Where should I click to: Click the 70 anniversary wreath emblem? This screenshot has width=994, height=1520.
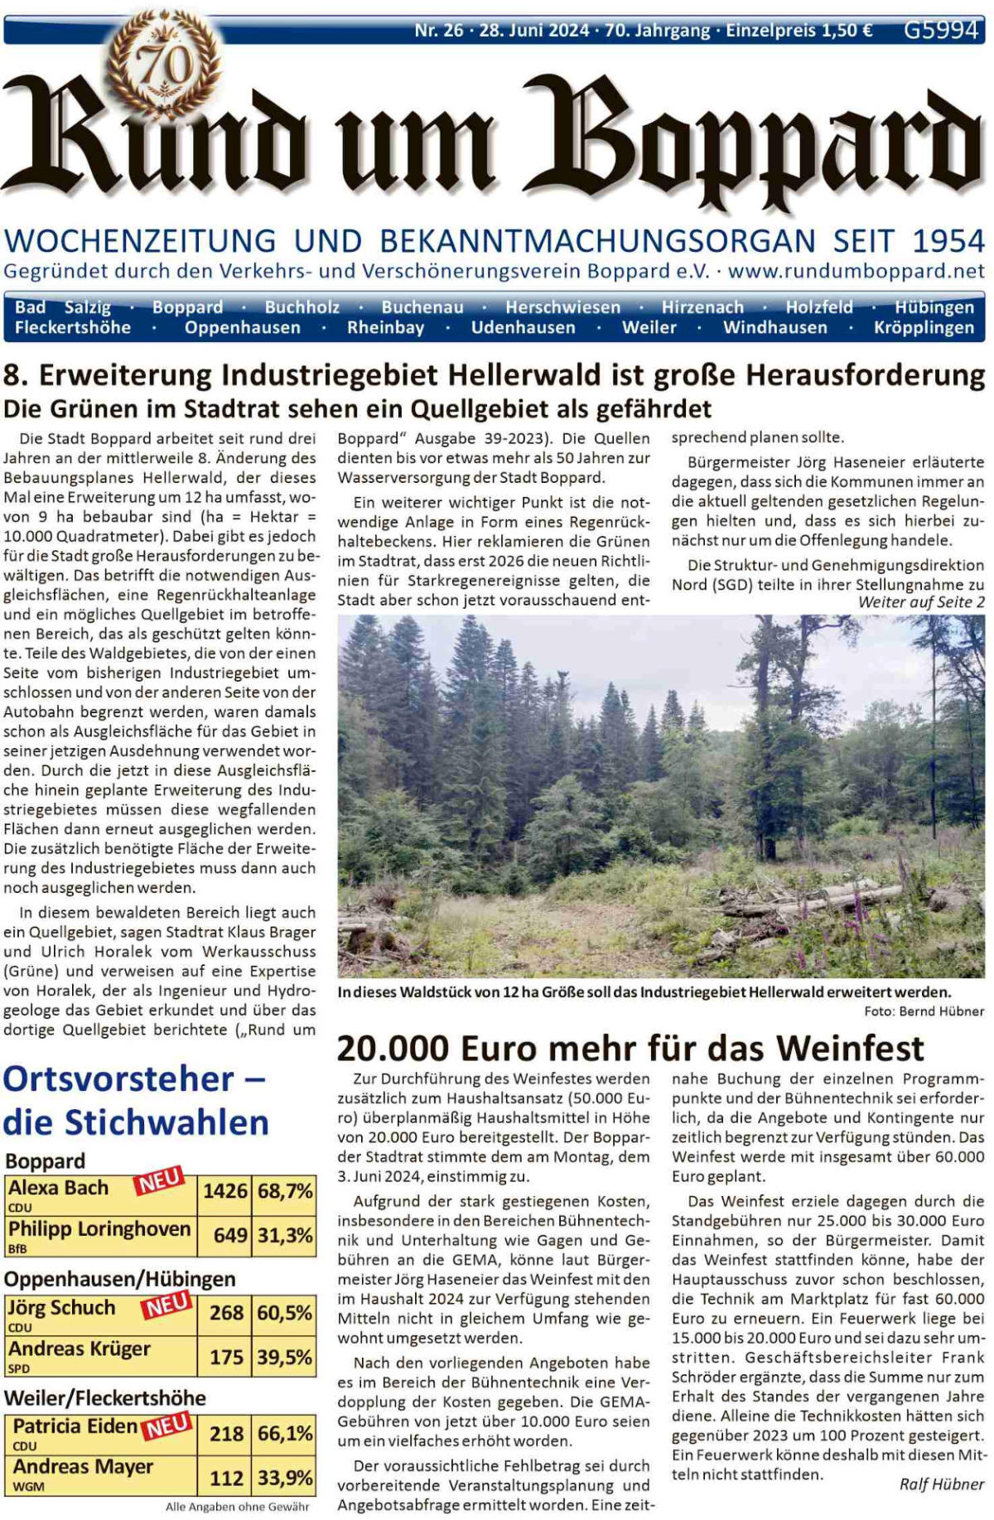coord(163,63)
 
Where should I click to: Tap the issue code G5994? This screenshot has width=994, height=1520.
coord(941,31)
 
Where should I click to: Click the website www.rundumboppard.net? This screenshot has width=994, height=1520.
coord(856,271)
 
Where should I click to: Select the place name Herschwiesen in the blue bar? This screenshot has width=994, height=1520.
coord(562,307)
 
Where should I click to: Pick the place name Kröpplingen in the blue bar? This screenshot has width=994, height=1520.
coord(924,327)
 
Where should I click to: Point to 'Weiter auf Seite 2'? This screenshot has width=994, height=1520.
coord(921,602)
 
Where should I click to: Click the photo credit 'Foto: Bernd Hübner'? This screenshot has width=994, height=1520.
coord(924,1011)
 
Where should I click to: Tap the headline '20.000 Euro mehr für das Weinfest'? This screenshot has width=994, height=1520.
coord(630,1049)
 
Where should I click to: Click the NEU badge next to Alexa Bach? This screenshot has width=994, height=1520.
coord(159,1181)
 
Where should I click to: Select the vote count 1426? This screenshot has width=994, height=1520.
coord(224,1191)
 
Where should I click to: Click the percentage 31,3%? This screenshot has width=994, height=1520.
coord(285,1235)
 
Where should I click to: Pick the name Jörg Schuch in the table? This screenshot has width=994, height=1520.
coord(62,1308)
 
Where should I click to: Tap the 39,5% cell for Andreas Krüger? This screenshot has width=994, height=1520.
coord(285,1357)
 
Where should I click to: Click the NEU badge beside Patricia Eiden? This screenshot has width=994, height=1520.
coord(167,1426)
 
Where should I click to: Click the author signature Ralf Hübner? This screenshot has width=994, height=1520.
coord(941,1484)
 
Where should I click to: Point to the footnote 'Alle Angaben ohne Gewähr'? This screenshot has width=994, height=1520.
coord(237,1507)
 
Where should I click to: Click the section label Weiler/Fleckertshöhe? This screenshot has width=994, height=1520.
coord(104,1398)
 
